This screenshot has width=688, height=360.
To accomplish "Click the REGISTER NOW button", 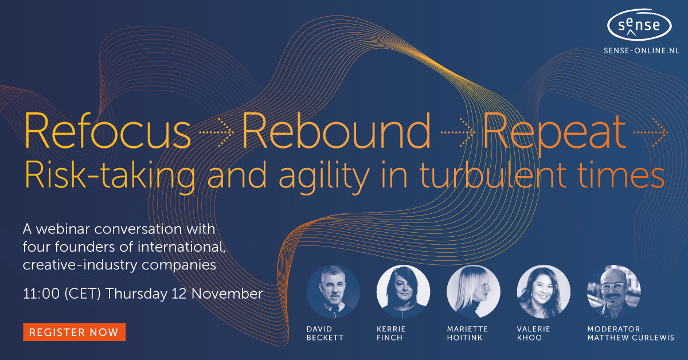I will point(74,332).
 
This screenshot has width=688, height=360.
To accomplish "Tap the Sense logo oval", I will point(640,25).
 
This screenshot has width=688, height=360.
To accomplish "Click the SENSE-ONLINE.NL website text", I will point(641,50).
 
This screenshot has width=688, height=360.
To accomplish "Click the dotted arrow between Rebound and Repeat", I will point(458,132).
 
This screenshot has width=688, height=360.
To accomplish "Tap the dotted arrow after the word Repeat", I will point(651,132).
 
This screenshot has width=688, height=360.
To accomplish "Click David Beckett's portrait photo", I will point(333,292).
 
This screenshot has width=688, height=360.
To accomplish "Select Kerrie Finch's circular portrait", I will point(403,292).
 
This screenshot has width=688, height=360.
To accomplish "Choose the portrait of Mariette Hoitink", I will point(474,292).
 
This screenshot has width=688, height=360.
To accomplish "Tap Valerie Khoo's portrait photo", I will point(544,292).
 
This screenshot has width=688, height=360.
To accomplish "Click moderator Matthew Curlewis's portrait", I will point(613,292).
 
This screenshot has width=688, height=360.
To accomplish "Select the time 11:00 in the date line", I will point(41,294).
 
